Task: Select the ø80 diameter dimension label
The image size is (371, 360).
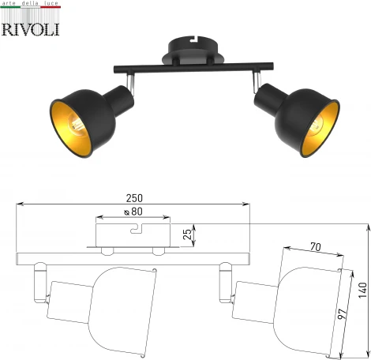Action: click(132, 211)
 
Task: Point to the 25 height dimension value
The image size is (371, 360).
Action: click(187, 234)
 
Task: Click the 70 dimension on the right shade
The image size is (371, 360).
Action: click(315, 248)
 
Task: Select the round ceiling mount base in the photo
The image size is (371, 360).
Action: click(189, 53)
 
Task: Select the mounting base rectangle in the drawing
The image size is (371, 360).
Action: click(133, 235)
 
